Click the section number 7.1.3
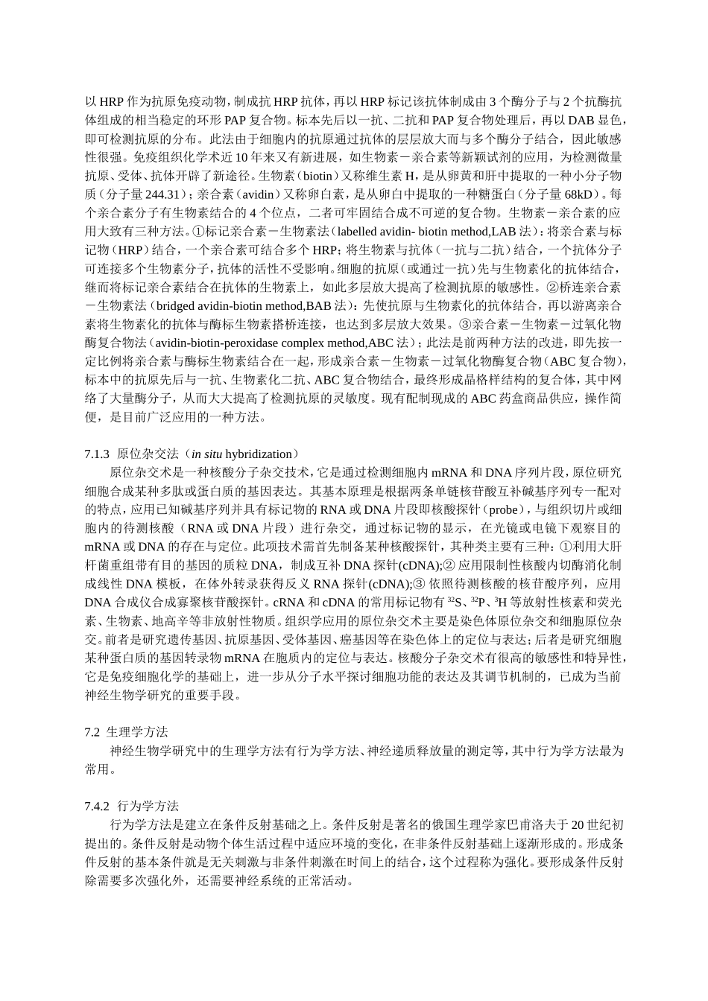point(97,454)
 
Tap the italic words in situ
point(205,454)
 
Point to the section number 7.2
point(92,732)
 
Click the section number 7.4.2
point(97,806)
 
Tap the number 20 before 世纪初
point(576,824)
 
